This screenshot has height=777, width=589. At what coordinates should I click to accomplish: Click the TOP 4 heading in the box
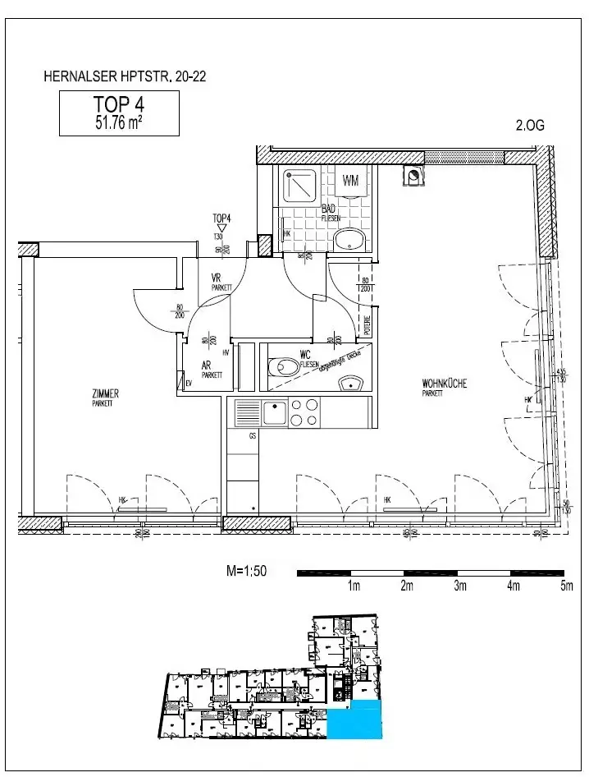(x=119, y=106)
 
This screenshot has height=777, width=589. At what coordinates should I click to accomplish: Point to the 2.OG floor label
(x=529, y=126)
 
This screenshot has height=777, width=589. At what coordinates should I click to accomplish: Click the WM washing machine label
(x=351, y=181)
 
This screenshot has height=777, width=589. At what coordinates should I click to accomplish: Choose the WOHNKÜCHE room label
(x=444, y=384)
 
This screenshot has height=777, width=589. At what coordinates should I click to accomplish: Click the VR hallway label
(x=217, y=278)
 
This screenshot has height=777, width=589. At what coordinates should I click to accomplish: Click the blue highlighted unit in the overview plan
(x=354, y=720)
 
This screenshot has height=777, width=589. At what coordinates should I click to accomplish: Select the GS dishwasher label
(x=253, y=436)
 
